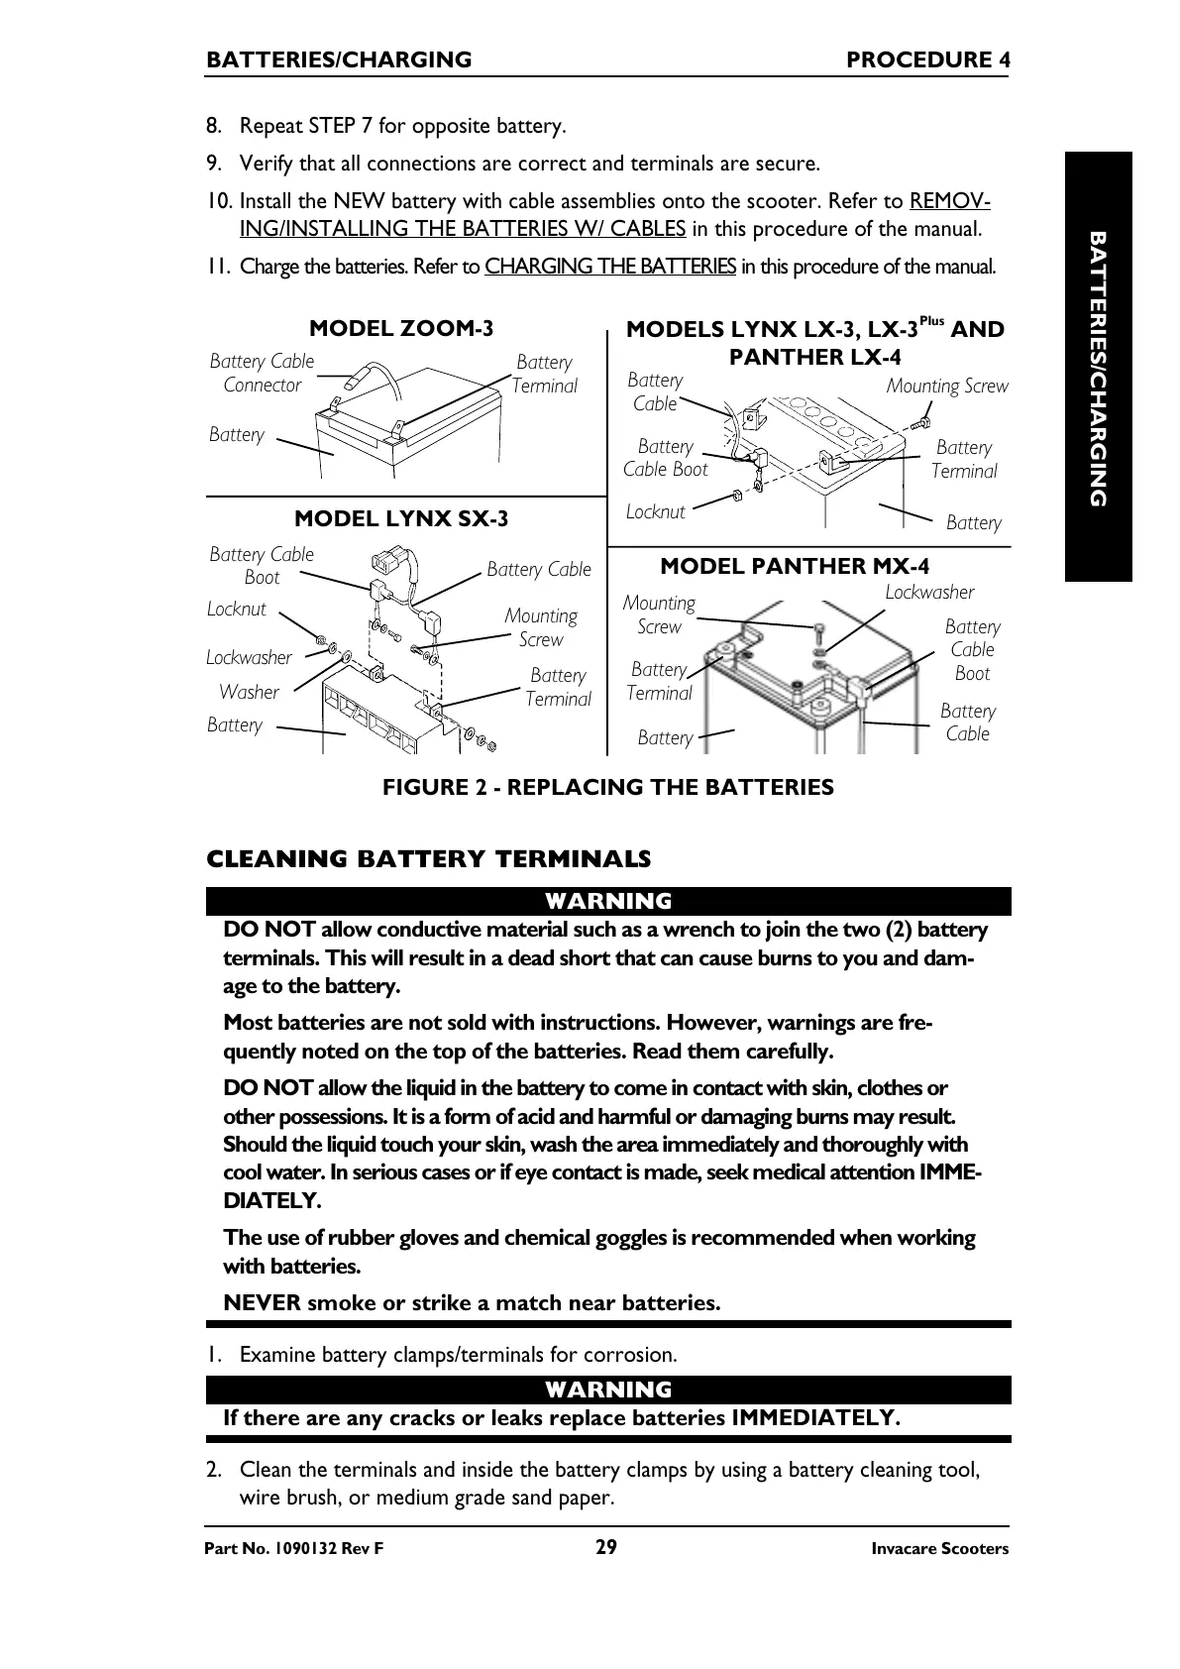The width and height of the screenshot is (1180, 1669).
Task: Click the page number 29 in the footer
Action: point(605,1547)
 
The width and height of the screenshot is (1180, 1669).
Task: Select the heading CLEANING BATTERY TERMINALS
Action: point(428,859)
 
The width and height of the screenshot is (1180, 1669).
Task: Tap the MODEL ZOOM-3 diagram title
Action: point(401,328)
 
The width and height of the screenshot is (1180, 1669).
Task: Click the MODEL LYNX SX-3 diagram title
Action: point(401,518)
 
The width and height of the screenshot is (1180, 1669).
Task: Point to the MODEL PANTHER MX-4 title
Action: point(795,566)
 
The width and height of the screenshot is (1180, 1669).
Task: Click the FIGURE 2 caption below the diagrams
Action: point(608,787)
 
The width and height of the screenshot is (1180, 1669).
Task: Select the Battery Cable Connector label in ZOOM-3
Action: point(262,373)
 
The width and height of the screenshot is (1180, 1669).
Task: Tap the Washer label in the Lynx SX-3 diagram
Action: point(249,692)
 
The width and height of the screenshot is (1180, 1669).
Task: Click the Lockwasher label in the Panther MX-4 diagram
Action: point(928,592)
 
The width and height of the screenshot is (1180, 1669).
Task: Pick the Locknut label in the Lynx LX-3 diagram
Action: point(655,511)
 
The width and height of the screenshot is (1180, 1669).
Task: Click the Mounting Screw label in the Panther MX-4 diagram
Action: point(659,614)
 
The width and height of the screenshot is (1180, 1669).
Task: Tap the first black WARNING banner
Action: point(608,901)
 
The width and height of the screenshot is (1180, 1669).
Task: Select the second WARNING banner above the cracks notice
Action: point(608,1390)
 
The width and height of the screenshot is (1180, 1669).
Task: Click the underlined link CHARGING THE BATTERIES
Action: point(610,267)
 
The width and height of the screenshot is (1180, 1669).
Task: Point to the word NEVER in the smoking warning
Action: point(262,1302)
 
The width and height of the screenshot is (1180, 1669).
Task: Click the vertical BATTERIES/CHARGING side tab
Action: point(1098,367)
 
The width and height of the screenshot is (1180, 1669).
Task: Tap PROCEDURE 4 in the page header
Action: point(927,60)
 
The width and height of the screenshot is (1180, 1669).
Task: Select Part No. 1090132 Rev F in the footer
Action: point(293,1549)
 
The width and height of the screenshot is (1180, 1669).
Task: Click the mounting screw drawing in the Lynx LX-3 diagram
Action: point(918,423)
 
